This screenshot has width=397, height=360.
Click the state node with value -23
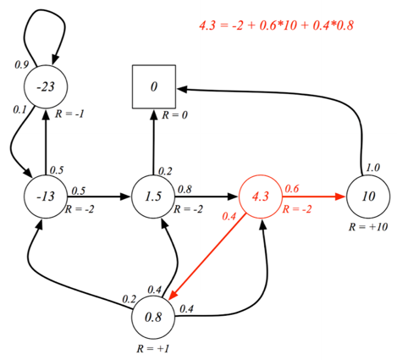pos(46,86)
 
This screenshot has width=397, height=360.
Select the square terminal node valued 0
pos(154,86)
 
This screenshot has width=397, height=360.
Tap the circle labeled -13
pos(46,197)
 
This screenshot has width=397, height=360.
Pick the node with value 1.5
pos(153,197)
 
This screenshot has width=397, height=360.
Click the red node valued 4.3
pos(261,197)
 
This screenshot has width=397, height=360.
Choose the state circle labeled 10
pos(368,197)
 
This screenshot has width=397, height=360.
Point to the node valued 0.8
pos(153,317)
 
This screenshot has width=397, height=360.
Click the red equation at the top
pos(276,25)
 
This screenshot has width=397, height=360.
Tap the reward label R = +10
pos(368,227)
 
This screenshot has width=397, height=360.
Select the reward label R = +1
pos(153,348)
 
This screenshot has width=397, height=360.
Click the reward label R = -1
pos(69,114)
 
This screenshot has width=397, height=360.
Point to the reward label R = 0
pos(174,115)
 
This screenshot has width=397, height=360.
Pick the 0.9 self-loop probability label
pos(22,64)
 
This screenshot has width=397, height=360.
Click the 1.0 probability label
pos(373,168)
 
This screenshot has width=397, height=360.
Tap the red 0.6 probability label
pos(292,188)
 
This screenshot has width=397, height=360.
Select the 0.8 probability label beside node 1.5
pos(185,189)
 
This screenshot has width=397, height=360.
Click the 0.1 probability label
pos(19,109)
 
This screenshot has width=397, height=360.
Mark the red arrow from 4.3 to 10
pos(314,197)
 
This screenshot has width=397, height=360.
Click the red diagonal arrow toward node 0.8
pos(207,258)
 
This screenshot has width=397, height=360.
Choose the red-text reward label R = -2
pos(297,209)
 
